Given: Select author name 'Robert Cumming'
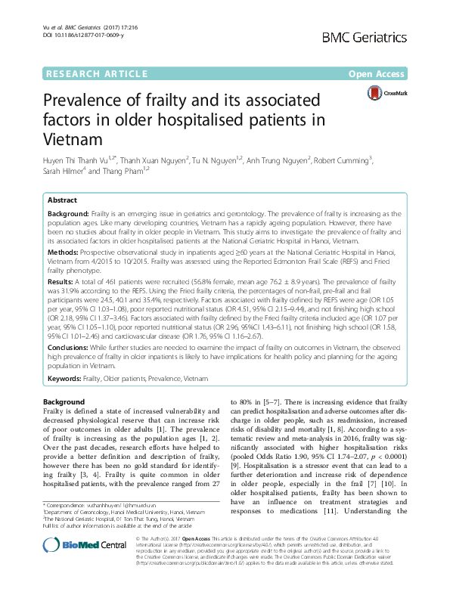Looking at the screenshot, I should pos(342,160).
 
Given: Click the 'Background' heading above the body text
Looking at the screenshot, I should pos(64,401).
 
